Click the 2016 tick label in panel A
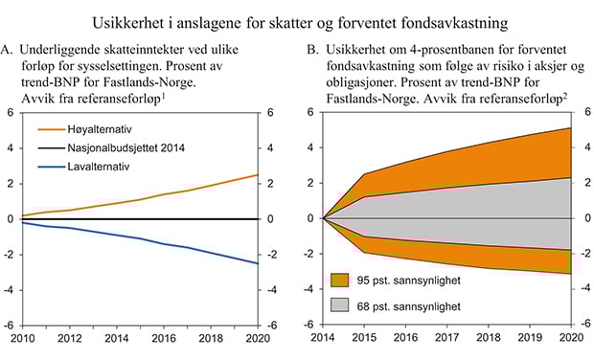(167, 338)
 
